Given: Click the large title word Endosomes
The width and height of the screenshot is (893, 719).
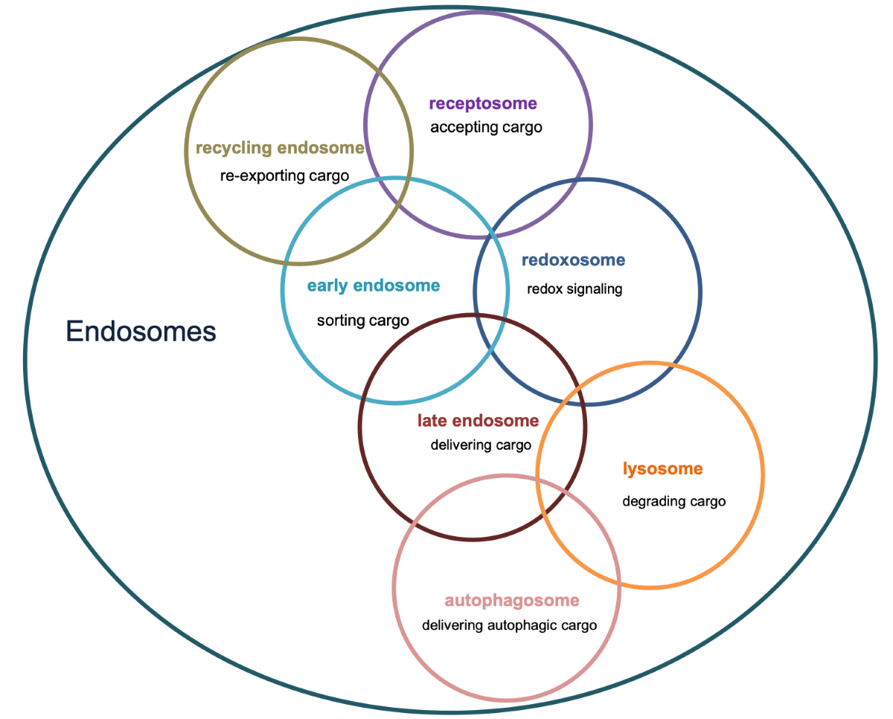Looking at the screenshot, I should pyautogui.click(x=141, y=331).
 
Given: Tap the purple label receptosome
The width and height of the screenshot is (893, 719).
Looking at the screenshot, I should pyautogui.click(x=482, y=103).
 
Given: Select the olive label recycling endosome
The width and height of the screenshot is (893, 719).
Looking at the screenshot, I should pyautogui.click(x=280, y=148).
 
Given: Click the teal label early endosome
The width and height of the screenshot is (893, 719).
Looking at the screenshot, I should pyautogui.click(x=373, y=286).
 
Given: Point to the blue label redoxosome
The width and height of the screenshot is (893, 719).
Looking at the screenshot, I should pyautogui.click(x=573, y=260).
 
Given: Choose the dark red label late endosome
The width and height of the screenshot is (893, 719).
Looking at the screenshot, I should pyautogui.click(x=478, y=421).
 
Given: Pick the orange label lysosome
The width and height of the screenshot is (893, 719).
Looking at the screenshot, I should pyautogui.click(x=662, y=469).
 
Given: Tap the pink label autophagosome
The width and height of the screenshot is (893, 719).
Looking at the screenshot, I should pyautogui.click(x=511, y=600).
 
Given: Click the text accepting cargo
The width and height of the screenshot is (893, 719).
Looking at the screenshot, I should pyautogui.click(x=486, y=127).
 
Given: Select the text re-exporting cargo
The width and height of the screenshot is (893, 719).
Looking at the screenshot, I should pyautogui.click(x=284, y=176).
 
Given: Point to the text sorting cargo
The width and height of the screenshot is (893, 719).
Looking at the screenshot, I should pyautogui.click(x=362, y=320).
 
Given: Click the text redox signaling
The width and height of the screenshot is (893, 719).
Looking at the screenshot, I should pyautogui.click(x=574, y=289).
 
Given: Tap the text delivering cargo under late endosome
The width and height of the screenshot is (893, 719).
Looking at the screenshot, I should pyautogui.click(x=481, y=445).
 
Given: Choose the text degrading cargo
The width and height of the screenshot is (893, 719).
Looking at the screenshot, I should pyautogui.click(x=673, y=501).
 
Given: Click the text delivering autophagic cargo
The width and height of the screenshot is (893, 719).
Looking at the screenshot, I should pyautogui.click(x=509, y=625).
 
